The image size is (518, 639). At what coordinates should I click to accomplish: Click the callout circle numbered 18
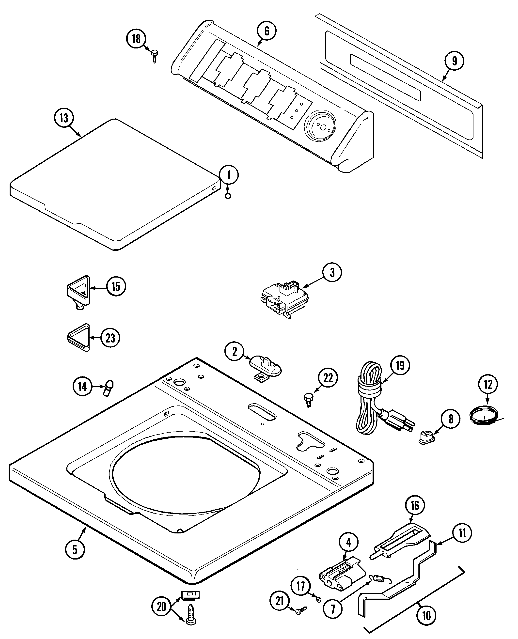pyautogui.click(x=136, y=39)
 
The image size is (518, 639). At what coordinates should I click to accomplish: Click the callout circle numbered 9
pyautogui.click(x=454, y=61)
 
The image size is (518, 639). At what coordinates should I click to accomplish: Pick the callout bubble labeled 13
pyautogui.click(x=63, y=118)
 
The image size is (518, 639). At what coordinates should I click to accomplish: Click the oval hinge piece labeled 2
pyautogui.click(x=265, y=366)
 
